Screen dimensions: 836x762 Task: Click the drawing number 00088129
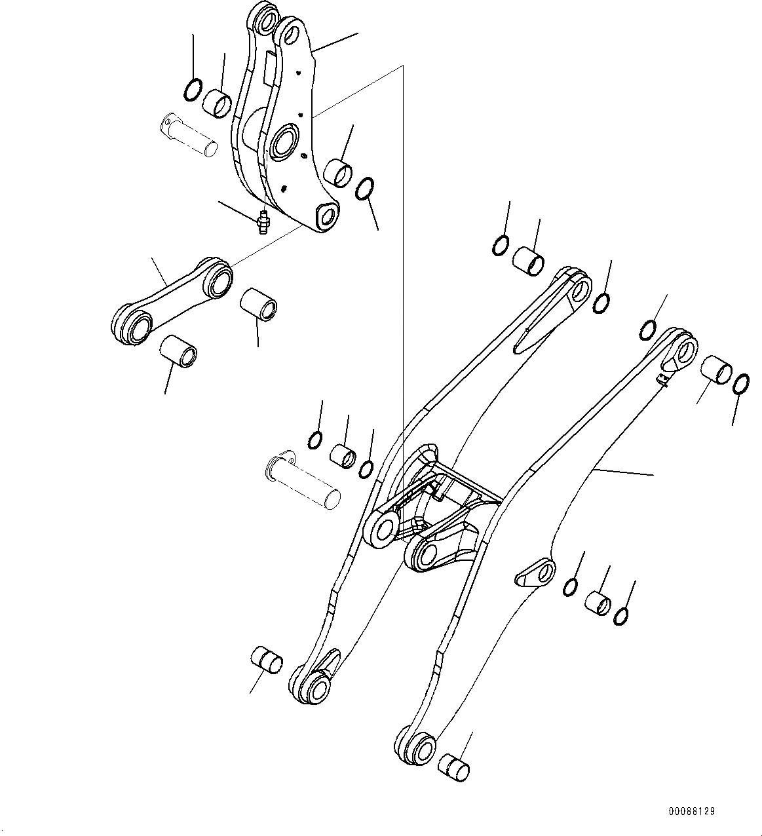(x=692, y=811)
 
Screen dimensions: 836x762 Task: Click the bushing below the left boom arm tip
(x=267, y=659)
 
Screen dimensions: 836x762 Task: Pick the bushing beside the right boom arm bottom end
(x=454, y=767)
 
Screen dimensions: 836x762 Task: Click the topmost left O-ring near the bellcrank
(x=192, y=89)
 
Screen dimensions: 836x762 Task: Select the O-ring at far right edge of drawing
(x=740, y=385)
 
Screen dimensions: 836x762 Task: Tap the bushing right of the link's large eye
(x=259, y=305)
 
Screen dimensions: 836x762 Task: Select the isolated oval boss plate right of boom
(x=535, y=571)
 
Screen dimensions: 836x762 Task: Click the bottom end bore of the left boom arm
(x=317, y=688)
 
